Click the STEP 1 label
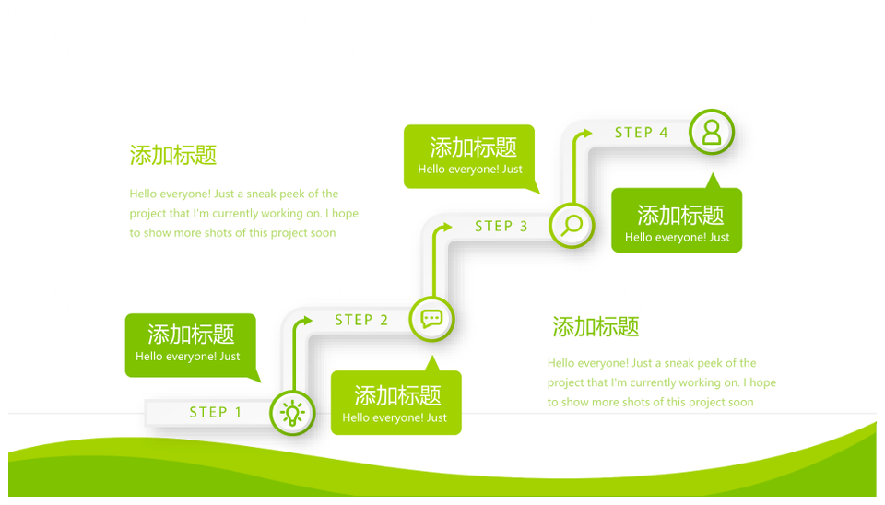pyautogui.click(x=215, y=412)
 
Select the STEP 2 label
pyautogui.click(x=361, y=320)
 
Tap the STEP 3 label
pyautogui.click(x=501, y=227)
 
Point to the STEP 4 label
pyautogui.click(x=642, y=133)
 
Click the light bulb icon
pyautogui.click(x=292, y=413)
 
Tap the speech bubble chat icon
pyautogui.click(x=431, y=319)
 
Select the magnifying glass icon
pyautogui.click(x=572, y=226)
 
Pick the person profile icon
pyautogui.click(x=712, y=132)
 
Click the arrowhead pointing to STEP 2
pyautogui.click(x=307, y=321)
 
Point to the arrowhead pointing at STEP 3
pyautogui.click(x=447, y=227)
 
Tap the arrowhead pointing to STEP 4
pyautogui.click(x=587, y=134)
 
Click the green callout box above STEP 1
pyautogui.click(x=191, y=346)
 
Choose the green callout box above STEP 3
pyautogui.click(x=469, y=157)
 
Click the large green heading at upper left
pyautogui.click(x=173, y=155)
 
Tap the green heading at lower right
pyautogui.click(x=596, y=327)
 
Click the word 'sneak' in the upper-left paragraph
pyautogui.click(x=261, y=194)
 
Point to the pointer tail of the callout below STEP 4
pyautogui.click(x=713, y=181)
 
